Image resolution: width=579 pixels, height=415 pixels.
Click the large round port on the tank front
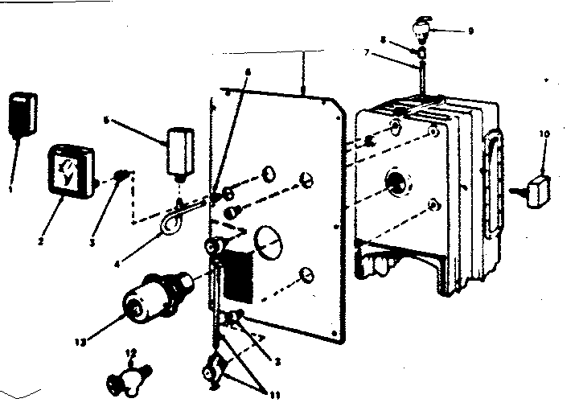[396, 184]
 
